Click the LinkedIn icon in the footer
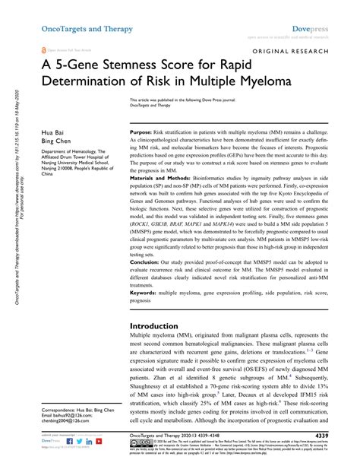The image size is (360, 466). [77, 441]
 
